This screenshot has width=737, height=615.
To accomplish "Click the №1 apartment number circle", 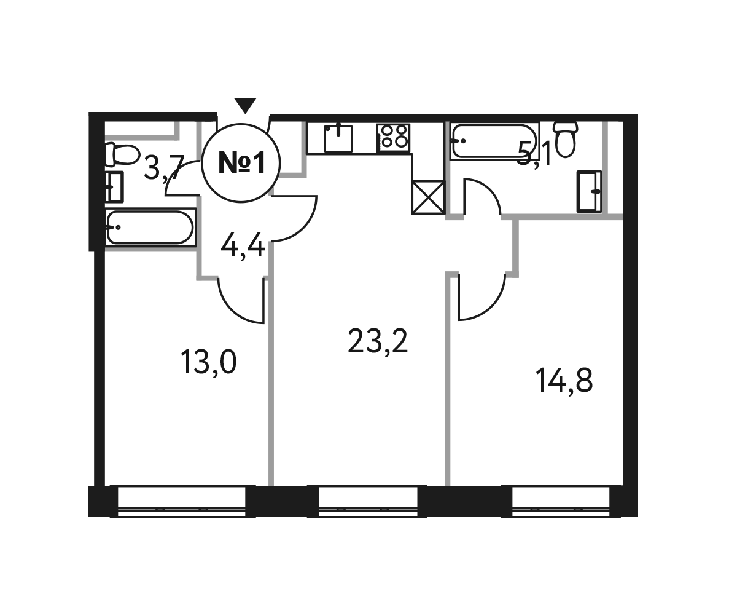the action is point(241,163).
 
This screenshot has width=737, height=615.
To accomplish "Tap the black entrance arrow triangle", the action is point(245,105).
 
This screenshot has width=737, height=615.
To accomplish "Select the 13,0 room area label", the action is point(208,362).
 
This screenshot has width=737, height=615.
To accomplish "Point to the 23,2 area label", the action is point(378,341).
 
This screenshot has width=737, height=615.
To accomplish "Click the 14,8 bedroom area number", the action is point(564,380).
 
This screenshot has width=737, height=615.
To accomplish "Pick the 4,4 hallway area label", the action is point(243,245).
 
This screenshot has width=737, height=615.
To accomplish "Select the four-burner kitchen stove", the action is point(393,138).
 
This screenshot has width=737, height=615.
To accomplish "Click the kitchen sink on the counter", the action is point(338,138).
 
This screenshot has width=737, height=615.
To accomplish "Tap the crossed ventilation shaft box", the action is point(428,197).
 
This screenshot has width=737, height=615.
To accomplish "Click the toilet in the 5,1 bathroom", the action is point(566,139).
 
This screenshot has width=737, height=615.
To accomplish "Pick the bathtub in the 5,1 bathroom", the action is point(494,141).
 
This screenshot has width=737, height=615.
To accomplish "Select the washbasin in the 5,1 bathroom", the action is point(590,191).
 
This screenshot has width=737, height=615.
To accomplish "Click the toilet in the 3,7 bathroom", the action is point(121,155).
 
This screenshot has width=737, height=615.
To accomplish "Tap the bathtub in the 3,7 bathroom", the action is point(150,228).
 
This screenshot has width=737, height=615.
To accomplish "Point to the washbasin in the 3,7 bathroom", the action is point(114,187).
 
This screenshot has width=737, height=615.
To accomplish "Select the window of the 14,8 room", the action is point(561,502).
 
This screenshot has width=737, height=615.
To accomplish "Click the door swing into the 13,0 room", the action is point(241,301).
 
